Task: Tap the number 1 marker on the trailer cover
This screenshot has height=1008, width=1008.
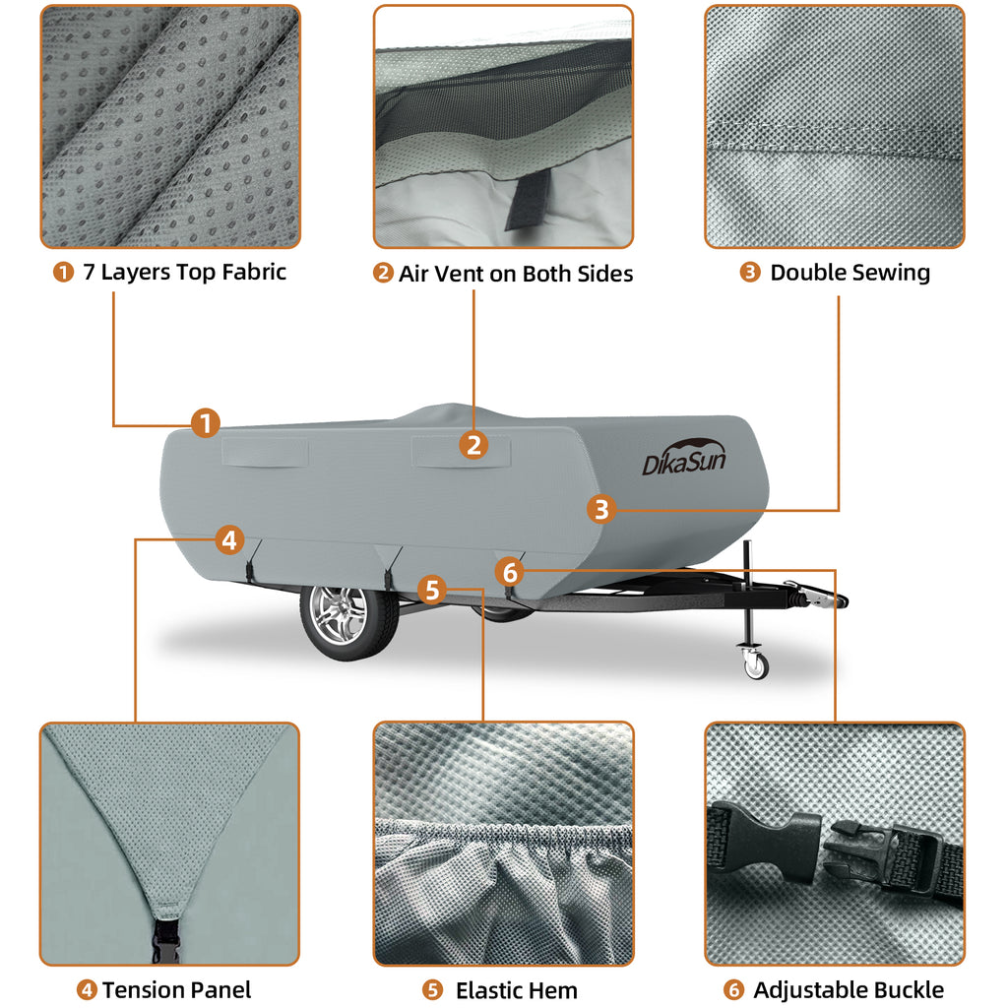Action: (x=205, y=423)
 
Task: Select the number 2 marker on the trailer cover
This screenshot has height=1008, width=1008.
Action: (x=474, y=445)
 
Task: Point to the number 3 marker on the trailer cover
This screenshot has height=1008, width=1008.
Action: (x=602, y=509)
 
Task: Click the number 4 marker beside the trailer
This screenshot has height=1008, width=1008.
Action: (x=228, y=539)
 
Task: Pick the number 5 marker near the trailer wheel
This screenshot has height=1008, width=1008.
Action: (x=431, y=590)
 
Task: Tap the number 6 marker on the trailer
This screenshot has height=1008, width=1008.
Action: (x=509, y=570)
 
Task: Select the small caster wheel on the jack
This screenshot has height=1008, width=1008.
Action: (x=755, y=665)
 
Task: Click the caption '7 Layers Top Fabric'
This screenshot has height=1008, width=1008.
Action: (x=183, y=273)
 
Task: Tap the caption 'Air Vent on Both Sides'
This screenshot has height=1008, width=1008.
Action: (x=515, y=274)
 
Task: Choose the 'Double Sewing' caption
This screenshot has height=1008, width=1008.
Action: (x=850, y=273)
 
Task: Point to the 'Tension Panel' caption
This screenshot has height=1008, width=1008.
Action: (x=176, y=989)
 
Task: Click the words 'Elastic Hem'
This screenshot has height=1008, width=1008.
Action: (x=516, y=990)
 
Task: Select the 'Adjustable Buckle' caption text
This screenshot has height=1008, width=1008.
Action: (x=848, y=990)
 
